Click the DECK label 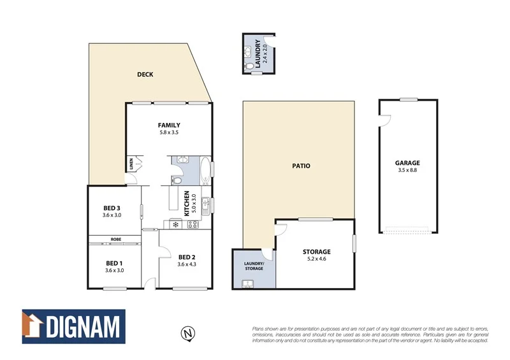(x=145, y=75)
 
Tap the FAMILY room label (x=169, y=125)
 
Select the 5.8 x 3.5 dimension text (x=169, y=133)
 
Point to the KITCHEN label (x=186, y=203)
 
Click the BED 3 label (x=112, y=208)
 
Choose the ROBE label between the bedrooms (x=115, y=239)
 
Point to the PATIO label (x=301, y=166)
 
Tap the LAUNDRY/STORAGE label (x=253, y=266)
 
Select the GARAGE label (x=407, y=163)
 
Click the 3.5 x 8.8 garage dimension (x=407, y=170)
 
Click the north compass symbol (x=187, y=333)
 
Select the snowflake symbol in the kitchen (x=175, y=224)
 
